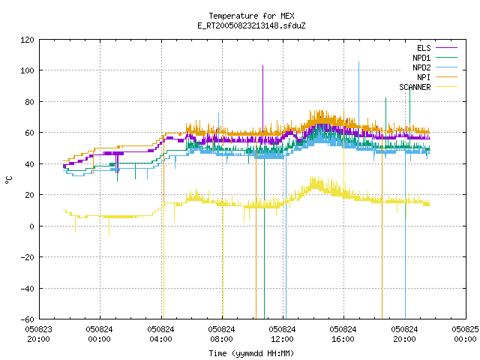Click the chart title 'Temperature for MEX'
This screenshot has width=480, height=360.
coord(251,16)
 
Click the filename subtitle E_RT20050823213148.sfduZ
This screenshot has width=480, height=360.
coord(251,25)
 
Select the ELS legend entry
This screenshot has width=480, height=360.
coord(437,48)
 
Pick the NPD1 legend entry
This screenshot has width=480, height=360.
coord(435,58)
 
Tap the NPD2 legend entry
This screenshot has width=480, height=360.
coord(435,67)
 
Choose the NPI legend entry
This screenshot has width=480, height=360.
coord(437,77)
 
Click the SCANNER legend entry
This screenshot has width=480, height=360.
coord(428,87)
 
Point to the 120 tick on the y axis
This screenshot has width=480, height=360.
coord(27,40)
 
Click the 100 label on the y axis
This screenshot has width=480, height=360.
coord(27,70)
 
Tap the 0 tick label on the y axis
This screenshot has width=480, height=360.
coord(31,226)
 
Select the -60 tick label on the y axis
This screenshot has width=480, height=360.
coord(27,319)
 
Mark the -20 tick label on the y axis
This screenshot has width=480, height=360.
coord(27,257)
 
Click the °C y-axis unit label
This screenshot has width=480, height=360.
coord(9,180)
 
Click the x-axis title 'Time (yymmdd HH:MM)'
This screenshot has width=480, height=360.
coord(251,353)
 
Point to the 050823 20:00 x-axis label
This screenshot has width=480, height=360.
coord(38,334)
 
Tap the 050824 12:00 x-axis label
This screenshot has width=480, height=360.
coord(282,334)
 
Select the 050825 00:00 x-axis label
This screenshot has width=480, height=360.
coord(465,334)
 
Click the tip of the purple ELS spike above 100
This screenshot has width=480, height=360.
coord(262,65)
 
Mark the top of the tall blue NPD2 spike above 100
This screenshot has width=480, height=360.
coord(358,61)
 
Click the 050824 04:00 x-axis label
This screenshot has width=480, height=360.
coord(160,334)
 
